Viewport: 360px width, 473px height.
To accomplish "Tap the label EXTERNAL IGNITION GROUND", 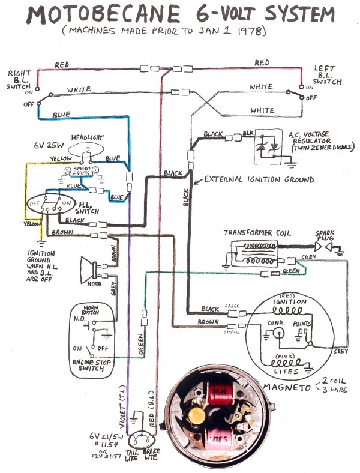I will (x=259, y=179).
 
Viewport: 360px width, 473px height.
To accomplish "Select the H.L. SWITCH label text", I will (x=90, y=207).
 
